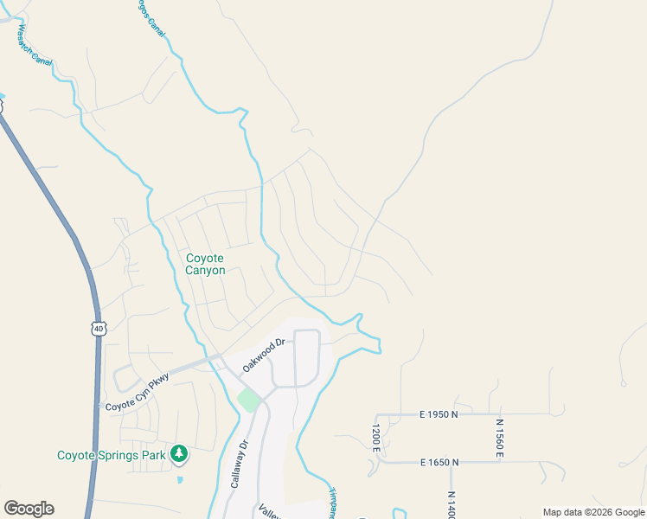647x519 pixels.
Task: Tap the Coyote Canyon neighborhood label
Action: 205,264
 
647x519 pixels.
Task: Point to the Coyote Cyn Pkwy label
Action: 135,393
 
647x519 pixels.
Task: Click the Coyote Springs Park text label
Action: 111,455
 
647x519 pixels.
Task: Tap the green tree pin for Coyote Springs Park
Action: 179,453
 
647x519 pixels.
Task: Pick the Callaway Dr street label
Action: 240,464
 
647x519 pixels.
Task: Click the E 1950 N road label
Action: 439,414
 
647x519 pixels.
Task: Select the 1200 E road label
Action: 376,439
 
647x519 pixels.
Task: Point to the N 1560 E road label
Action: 499,438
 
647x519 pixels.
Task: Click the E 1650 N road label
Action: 439,463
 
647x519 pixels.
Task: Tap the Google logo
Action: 29,509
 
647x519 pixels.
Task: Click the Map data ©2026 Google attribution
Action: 593,512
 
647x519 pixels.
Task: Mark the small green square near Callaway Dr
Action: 249,400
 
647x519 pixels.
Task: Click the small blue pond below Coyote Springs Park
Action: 179,478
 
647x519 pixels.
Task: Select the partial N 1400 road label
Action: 452,504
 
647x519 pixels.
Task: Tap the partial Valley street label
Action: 269,509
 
